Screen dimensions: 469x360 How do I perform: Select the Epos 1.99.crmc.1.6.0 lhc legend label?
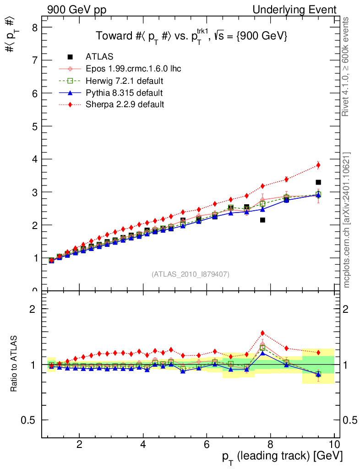133,69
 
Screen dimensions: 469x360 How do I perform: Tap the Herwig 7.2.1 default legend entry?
125,81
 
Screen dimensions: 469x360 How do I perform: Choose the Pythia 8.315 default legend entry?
124,93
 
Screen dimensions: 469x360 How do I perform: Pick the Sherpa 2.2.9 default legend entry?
125,104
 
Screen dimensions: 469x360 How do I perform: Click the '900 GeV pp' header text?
76,10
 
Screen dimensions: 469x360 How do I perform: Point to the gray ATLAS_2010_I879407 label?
191,274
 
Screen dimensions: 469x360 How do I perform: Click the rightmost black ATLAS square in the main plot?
318,182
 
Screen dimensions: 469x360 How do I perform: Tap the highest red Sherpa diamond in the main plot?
318,165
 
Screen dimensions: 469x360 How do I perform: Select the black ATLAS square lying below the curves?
262,220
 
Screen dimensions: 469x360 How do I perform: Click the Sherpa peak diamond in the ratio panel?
262,333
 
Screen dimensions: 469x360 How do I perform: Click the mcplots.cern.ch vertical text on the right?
347,220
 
